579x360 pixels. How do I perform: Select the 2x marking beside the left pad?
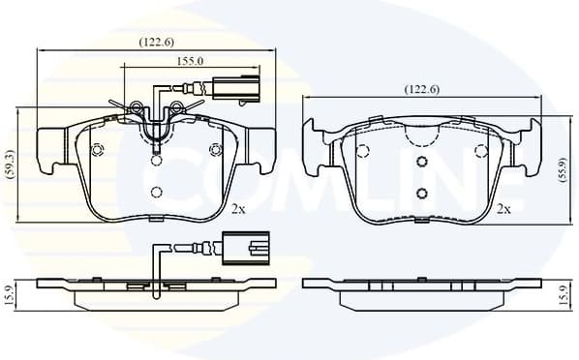[x=238, y=208]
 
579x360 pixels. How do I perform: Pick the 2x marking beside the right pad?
[x=503, y=208]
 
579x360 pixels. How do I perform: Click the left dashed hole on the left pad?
[x=96, y=149]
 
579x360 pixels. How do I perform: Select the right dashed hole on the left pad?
[x=215, y=149]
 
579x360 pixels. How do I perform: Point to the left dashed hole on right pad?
[x=363, y=150]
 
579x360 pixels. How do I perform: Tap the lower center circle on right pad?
[x=422, y=192]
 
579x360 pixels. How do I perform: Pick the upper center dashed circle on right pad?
[x=422, y=162]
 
